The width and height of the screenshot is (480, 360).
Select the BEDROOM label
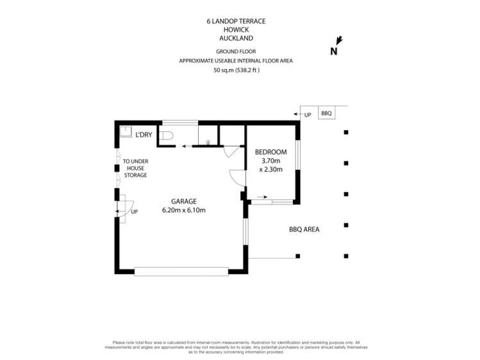coord(270,152)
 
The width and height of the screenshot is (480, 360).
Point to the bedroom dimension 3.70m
coord(270,161)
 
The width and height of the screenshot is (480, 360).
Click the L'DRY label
coord(144,135)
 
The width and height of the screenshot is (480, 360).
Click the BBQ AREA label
coord(304,229)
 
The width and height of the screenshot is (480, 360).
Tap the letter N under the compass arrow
coord(333,52)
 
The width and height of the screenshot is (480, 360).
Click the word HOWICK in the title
coord(236,29)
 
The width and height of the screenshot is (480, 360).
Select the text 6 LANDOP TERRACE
coord(236,21)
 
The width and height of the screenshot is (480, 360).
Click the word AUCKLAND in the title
coord(236,38)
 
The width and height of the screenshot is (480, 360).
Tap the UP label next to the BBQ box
coord(308,114)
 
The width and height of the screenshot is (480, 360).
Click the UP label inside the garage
coord(134,212)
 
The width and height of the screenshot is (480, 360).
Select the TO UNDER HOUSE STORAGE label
coord(135,168)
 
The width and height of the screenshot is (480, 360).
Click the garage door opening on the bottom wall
coord(181,272)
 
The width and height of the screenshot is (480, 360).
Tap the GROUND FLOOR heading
coord(236,53)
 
